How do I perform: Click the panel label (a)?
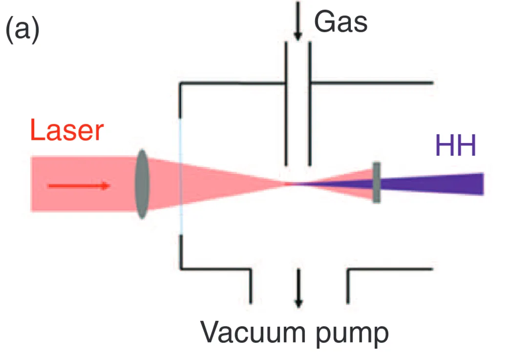pyautogui.click(x=22, y=30)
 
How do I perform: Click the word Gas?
pyautogui.click(x=340, y=21)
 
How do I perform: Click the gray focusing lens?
pyautogui.click(x=142, y=184)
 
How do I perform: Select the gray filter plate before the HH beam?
pyautogui.click(x=377, y=183)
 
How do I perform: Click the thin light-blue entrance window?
pyautogui.click(x=181, y=176)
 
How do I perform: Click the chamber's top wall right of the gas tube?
pyautogui.click(x=371, y=83)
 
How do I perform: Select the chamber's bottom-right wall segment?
pyautogui.click(x=391, y=269)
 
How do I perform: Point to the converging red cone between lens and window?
pyautogui.click(x=164, y=184)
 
